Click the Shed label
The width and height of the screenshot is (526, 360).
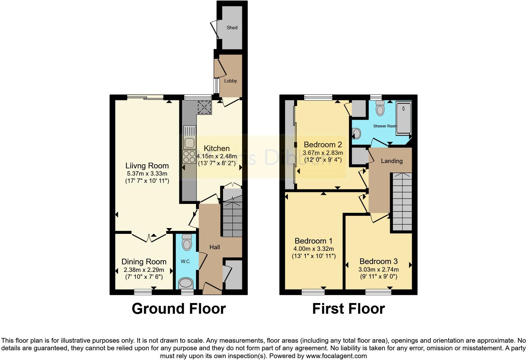(232, 28)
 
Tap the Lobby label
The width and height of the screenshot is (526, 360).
(230, 81)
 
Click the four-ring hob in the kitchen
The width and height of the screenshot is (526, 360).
(189, 156)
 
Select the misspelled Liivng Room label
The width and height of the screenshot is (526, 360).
(147, 166)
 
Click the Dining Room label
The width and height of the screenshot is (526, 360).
(144, 262)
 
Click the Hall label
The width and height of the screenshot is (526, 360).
(215, 247)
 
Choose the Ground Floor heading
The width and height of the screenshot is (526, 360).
(179, 309)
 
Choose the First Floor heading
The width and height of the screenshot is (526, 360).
(348, 309)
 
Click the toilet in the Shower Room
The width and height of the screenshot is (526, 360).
(380, 109)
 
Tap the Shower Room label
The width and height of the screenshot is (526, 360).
(385, 126)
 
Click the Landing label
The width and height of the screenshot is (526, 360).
(392, 161)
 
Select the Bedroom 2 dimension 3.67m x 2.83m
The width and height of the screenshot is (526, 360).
(323, 153)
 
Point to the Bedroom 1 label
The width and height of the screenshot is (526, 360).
(313, 241)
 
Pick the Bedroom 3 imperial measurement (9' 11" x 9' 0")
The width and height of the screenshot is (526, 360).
(378, 277)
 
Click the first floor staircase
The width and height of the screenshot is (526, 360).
(401, 201)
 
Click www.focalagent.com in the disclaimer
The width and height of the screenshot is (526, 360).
(336, 356)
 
